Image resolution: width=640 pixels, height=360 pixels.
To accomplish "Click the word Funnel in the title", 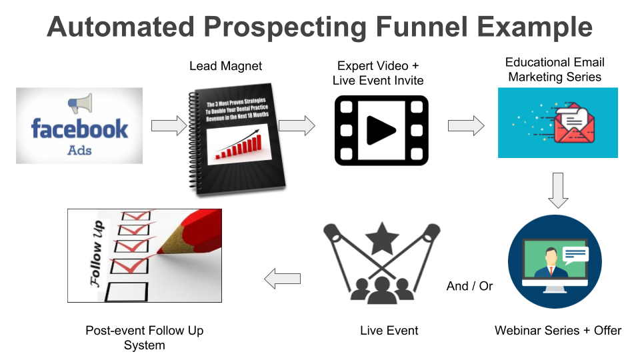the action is click(421, 27).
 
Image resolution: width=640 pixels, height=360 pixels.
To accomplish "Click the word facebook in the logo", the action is click(79, 129).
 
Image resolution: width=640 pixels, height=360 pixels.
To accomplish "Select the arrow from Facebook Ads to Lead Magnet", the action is click(169, 125).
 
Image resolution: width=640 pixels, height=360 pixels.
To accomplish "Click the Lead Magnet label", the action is click(225, 66).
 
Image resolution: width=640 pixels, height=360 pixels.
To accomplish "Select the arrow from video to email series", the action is click(466, 125).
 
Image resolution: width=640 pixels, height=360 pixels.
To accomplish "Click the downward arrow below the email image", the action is click(558, 190).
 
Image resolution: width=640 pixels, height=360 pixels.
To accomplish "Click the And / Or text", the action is click(469, 286).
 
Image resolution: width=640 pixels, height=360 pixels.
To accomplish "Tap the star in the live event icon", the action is click(382, 238).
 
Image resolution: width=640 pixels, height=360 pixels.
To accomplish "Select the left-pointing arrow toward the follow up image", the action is click(283, 279).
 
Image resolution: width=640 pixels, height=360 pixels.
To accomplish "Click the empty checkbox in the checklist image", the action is click(127, 292).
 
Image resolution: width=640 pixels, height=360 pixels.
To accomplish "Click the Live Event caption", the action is click(389, 331).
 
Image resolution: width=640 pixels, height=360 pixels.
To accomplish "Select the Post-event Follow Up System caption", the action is click(145, 337).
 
